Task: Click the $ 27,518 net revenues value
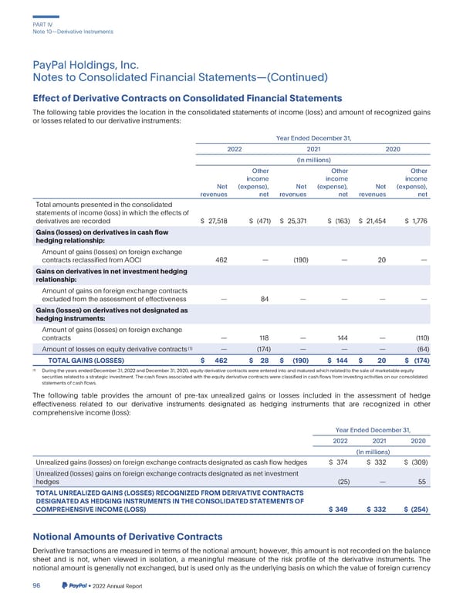214,222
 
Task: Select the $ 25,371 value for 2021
293,222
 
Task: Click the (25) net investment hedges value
345,482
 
